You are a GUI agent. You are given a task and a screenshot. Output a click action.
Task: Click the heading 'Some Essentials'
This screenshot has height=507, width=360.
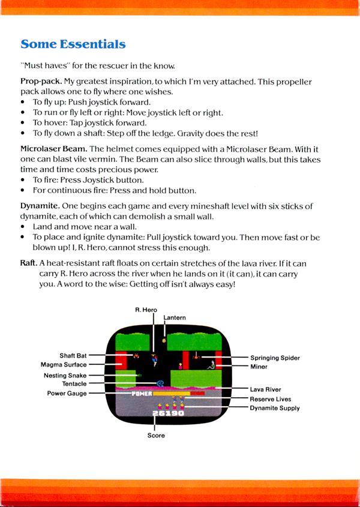pos(73,44)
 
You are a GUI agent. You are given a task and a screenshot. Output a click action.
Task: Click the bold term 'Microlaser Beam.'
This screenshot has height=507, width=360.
pos(54,149)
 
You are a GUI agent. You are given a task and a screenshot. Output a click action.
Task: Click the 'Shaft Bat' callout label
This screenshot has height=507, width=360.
pos(73,355)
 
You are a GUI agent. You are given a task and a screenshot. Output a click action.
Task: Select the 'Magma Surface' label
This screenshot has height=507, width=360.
pos(64,364)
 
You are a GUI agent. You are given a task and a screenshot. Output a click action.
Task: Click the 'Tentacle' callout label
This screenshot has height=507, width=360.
pos(74,384)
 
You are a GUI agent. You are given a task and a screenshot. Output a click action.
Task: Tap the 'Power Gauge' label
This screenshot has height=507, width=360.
pos(67,394)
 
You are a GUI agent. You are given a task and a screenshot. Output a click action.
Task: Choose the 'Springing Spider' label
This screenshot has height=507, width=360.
pos(275,358)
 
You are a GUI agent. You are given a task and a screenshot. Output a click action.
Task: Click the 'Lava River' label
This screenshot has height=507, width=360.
pos(265,389)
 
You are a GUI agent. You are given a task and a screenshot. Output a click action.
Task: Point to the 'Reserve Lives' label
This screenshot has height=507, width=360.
pos(271,399)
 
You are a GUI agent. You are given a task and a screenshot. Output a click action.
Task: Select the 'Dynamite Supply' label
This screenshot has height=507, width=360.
pos(275,408)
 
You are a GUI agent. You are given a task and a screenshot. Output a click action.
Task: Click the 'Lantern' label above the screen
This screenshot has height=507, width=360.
pos(175,317)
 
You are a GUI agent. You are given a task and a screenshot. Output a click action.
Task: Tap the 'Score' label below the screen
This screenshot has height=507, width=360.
pos(156,436)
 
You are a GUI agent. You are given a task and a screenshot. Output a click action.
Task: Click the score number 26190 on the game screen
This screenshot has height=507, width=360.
pos(168,413)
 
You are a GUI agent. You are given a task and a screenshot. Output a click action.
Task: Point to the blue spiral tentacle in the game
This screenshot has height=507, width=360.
pos(160,382)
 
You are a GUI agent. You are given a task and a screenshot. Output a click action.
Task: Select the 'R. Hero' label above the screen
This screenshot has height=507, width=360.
pos(146,310)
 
